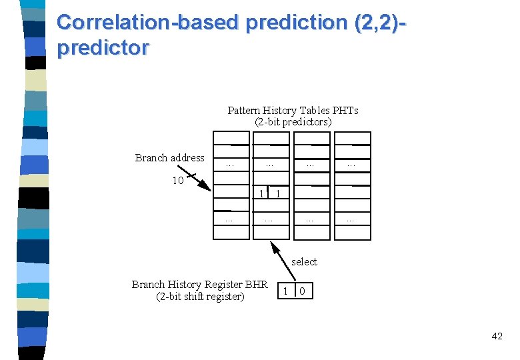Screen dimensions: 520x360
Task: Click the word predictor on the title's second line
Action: pos(103,49)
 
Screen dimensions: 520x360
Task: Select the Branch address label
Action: pos(169,158)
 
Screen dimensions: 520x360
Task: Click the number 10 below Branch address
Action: pos(178,181)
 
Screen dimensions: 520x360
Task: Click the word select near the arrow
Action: pos(304,262)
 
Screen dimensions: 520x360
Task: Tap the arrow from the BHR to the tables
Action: pos(283,261)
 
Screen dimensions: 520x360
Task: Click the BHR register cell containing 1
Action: pos(285,291)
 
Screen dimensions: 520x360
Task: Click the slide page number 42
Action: pos(497,336)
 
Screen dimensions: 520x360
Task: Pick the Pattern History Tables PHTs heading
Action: pos(293,111)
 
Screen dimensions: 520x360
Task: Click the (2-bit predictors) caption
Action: pos(293,122)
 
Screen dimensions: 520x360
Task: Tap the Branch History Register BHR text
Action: pos(199,285)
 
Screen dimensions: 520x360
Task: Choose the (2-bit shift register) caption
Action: pos(200,297)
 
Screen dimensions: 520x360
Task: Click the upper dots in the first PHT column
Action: pos(230,163)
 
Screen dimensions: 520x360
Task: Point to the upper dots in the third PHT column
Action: pos(311,163)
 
